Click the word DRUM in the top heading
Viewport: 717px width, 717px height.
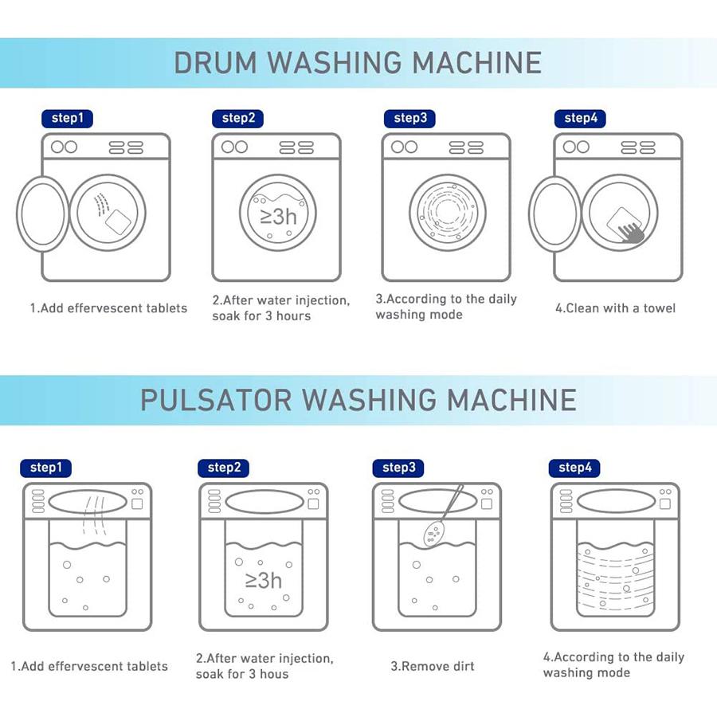point(215,63)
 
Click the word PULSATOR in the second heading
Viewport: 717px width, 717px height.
point(216,400)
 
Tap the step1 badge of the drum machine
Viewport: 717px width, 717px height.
point(67,119)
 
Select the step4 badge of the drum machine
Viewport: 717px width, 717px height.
point(580,119)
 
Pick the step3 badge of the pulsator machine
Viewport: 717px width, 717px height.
point(398,468)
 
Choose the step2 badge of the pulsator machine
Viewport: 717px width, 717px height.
point(224,468)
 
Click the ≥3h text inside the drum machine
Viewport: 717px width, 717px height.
point(279,216)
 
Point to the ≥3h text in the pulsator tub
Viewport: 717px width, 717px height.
point(264,580)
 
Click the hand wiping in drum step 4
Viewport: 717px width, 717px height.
point(631,233)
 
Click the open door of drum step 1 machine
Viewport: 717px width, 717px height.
point(43,214)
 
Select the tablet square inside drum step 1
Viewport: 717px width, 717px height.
point(118,221)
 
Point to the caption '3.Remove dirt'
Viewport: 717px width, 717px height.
point(433,666)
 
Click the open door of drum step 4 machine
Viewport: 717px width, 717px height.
point(555,214)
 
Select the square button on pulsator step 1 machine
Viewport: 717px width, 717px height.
point(137,504)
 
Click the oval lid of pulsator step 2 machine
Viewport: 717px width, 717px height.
point(264,503)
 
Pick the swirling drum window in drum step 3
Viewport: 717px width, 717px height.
point(447,213)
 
